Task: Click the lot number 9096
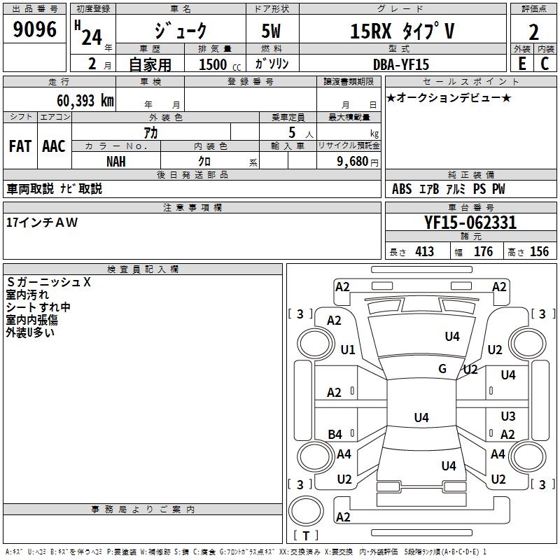click(34, 29)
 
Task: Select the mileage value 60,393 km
click(85, 101)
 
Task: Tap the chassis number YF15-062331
click(470, 223)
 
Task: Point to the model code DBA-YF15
click(400, 64)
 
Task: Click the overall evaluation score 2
click(533, 32)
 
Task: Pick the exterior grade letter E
click(522, 64)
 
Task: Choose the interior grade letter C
click(545, 64)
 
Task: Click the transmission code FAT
click(20, 146)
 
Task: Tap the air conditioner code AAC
click(54, 146)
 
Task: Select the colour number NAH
click(116, 162)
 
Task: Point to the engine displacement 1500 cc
click(220, 64)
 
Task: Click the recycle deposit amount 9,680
click(353, 162)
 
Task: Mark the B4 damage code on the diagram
click(335, 434)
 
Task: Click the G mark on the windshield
click(442, 369)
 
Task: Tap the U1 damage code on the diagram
click(348, 349)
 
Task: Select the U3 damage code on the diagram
click(508, 416)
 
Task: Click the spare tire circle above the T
click(306, 511)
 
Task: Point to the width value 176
click(483, 251)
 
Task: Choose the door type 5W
click(271, 31)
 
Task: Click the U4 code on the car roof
click(421, 417)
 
